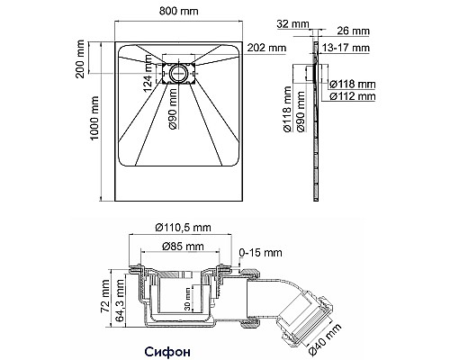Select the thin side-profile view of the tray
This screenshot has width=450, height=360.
[314, 117]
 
